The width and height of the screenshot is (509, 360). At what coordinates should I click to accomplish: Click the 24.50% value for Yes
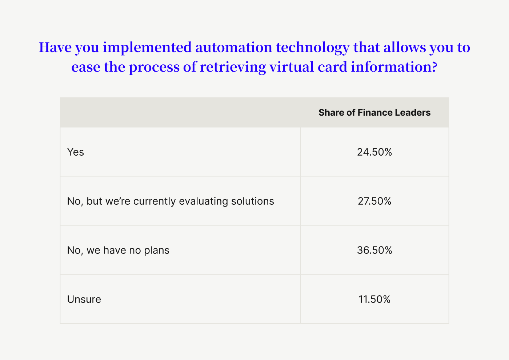pyautogui.click(x=374, y=152)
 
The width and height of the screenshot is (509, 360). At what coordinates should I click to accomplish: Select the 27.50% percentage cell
pyautogui.click(x=374, y=201)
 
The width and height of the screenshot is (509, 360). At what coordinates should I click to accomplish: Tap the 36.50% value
pyautogui.click(x=374, y=250)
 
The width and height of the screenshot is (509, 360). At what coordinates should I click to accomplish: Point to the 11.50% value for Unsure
pyautogui.click(x=374, y=299)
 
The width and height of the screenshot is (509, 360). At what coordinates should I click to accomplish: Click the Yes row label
pyautogui.click(x=76, y=152)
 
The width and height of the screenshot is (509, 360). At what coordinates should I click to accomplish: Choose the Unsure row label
pyautogui.click(x=84, y=299)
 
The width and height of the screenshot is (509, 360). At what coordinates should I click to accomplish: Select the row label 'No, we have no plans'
pyautogui.click(x=118, y=250)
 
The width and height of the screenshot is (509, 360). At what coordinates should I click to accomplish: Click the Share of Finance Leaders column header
pyautogui.click(x=374, y=112)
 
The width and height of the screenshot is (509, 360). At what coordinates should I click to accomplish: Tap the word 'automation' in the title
pyautogui.click(x=233, y=47)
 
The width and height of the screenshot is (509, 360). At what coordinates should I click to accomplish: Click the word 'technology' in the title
pyautogui.click(x=313, y=48)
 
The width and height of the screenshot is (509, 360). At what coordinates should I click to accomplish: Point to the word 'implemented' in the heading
pyautogui.click(x=147, y=48)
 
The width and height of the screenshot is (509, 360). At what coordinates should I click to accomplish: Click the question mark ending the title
pyautogui.click(x=434, y=67)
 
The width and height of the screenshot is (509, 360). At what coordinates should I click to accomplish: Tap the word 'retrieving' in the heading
pyautogui.click(x=233, y=68)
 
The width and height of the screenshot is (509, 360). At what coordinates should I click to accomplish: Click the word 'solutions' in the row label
pyautogui.click(x=252, y=201)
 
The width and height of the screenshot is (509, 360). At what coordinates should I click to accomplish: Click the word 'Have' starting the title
pyautogui.click(x=55, y=47)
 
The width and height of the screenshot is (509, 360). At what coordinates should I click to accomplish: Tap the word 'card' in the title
pyautogui.click(x=332, y=67)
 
